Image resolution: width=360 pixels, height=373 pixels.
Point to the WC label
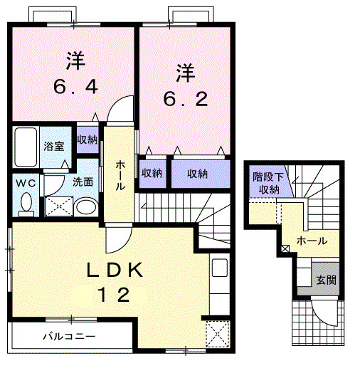[27, 182]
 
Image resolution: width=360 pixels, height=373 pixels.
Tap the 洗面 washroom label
[83, 182]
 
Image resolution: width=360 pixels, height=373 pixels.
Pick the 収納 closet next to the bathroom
[88, 140]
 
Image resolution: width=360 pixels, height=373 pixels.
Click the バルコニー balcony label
[68, 335]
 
